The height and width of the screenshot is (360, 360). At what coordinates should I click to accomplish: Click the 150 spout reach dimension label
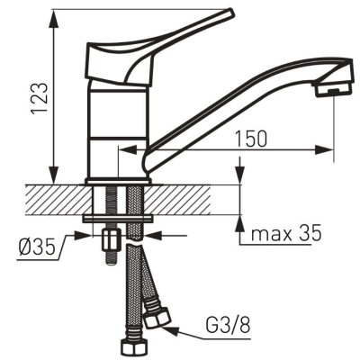[x=250, y=139]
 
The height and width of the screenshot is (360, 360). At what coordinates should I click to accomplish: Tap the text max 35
[x=286, y=233]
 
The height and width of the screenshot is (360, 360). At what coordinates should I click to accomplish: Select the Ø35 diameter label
[x=37, y=247]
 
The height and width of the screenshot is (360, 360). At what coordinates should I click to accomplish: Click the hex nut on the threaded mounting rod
[x=111, y=239]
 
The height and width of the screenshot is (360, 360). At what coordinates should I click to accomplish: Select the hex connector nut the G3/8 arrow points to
[x=157, y=318]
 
